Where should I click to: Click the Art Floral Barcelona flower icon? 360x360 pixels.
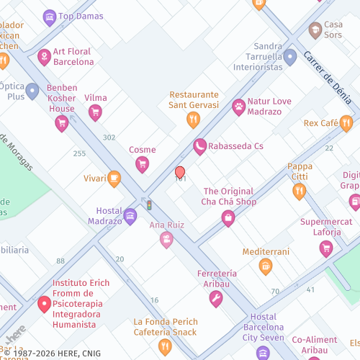tap(44, 55)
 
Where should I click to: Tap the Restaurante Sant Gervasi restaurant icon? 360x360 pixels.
tap(193, 120)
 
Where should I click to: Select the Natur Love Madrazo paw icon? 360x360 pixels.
tap(238, 107)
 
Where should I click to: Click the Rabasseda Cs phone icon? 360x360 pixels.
tap(200, 147)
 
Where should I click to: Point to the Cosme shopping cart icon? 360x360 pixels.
tap(143, 165)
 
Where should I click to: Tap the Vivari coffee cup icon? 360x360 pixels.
tap(114, 178)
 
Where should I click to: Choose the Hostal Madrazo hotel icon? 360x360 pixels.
tap(130, 215)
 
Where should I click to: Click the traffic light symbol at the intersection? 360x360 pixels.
tap(149, 205)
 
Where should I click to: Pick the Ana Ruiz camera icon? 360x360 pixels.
tap(167, 240)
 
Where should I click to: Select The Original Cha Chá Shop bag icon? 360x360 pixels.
tap(228, 218)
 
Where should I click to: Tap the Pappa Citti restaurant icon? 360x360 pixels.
tap(300, 192)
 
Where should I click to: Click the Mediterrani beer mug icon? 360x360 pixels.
tap(266, 267)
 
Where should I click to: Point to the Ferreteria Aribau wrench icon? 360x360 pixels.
tap(216, 299)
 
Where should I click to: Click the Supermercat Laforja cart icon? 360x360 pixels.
tap(326, 249)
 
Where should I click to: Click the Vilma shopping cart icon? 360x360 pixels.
tap(95, 112)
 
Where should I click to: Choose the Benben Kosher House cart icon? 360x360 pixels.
tap(62, 123)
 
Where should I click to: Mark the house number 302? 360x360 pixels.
tap(109, 138)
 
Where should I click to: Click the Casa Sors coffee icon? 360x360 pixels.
tap(315, 30)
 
